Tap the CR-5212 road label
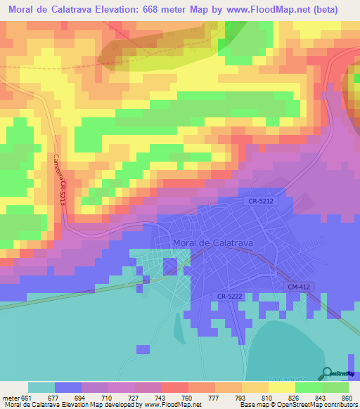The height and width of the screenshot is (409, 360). pos(261,202)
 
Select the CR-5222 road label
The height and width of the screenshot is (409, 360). pos(231,297)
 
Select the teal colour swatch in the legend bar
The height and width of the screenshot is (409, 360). pos(41,387)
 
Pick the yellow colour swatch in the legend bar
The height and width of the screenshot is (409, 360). pos(281,387)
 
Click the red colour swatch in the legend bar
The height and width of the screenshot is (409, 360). pos(175,387)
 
